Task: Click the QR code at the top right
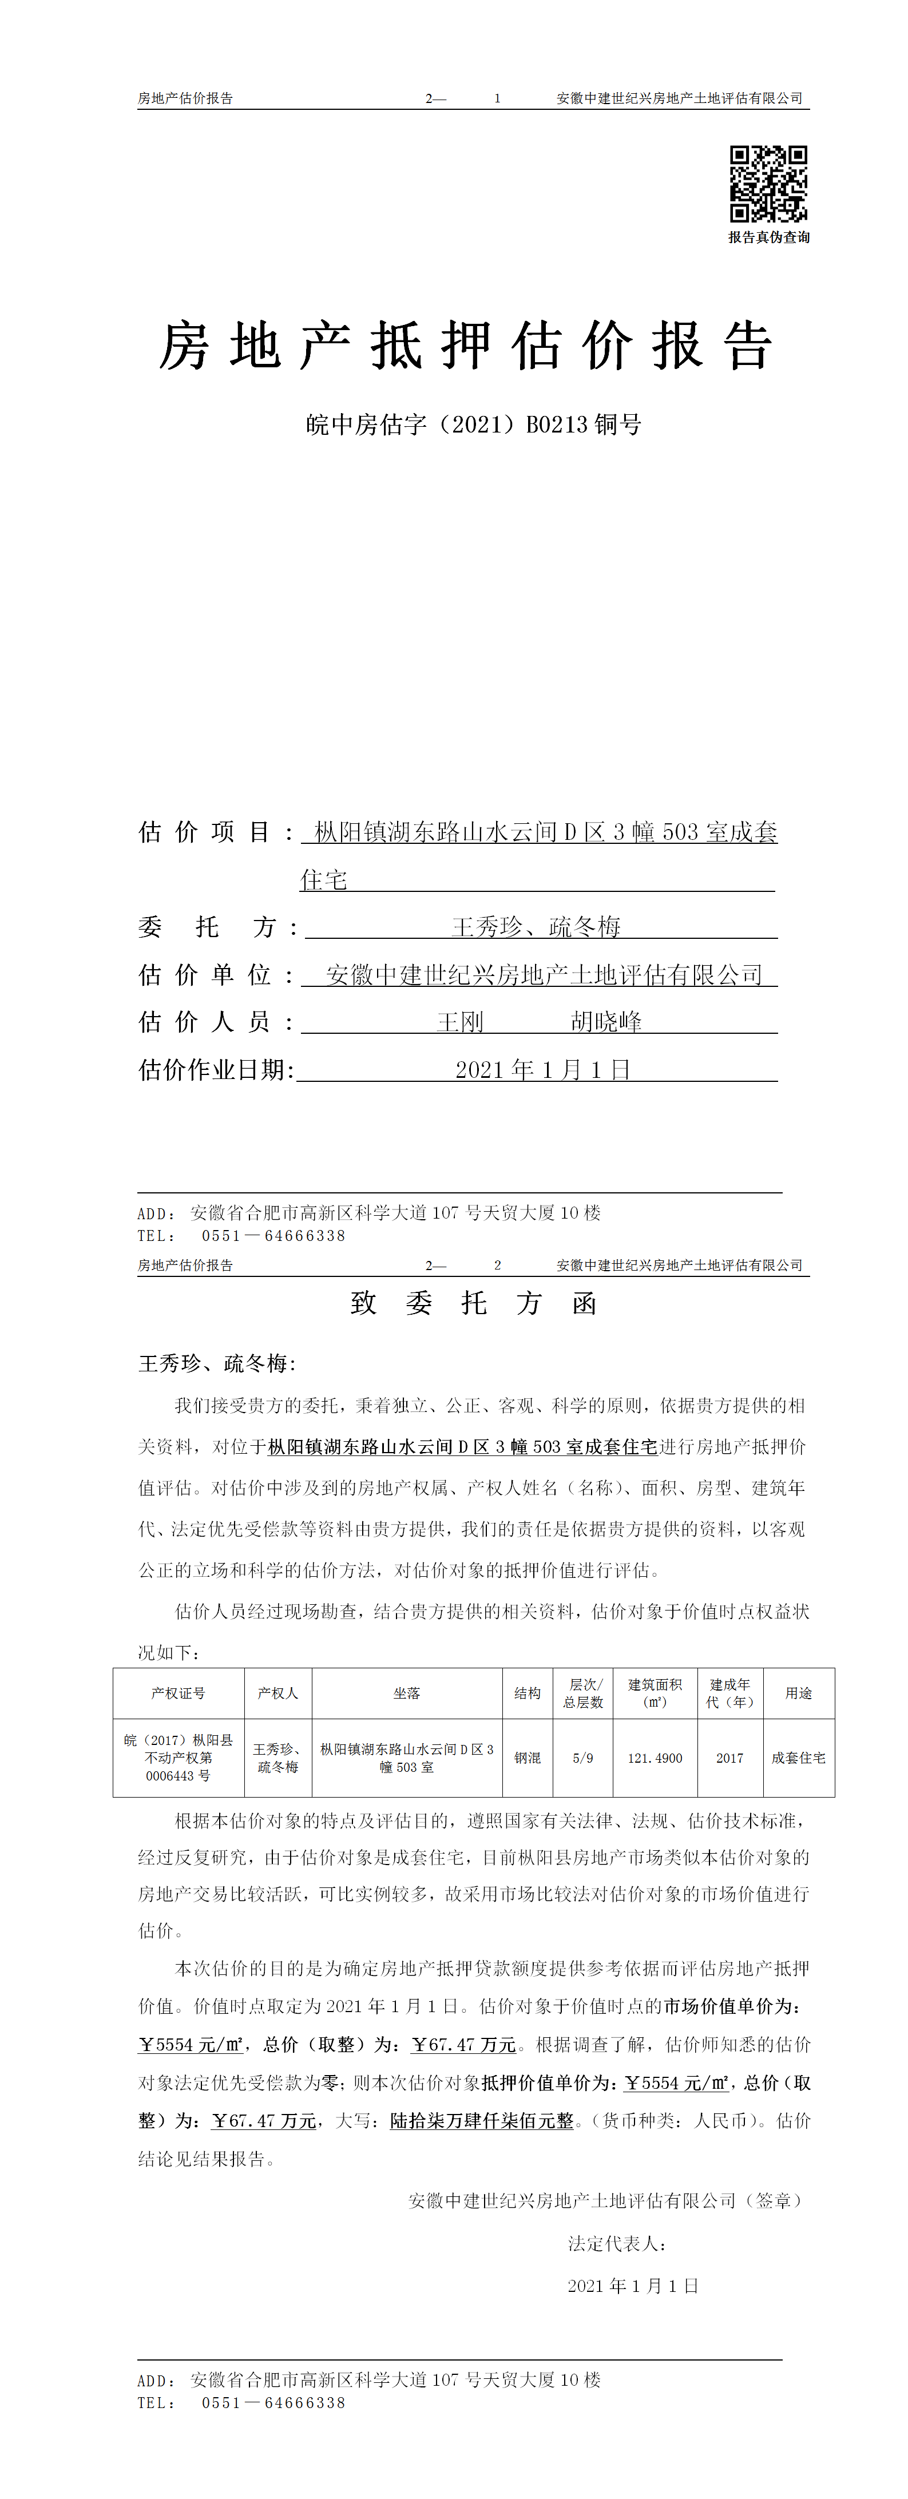[x=768, y=184]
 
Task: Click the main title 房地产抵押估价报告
[x=466, y=346]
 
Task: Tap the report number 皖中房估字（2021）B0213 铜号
[x=473, y=425]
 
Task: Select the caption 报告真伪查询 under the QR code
[x=768, y=237]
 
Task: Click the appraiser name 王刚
[x=460, y=1022]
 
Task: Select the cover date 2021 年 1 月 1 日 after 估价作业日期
[x=542, y=1070]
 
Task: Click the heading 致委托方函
[x=473, y=1303]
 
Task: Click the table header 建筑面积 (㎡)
[x=655, y=1693]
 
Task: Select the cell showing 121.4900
[x=655, y=1758]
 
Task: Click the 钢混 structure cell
[x=528, y=1758]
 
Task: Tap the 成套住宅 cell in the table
[x=798, y=1758]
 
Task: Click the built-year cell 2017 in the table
[x=729, y=1758]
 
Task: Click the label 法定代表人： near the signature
[x=617, y=2244]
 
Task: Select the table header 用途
[x=798, y=1693]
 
